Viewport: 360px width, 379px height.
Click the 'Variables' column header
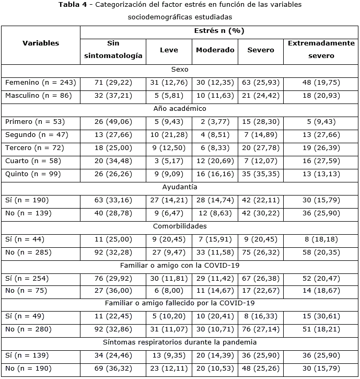coord(41,43)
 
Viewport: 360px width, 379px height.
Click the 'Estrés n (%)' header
coord(219,31)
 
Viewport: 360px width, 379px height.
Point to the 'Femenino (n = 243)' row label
coord(41,83)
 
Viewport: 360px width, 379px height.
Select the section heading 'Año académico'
coord(180,109)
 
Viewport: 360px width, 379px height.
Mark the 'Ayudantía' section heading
coord(180,187)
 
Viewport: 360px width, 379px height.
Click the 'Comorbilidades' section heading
coord(180,226)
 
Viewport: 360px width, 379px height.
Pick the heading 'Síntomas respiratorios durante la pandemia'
coord(180,342)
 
